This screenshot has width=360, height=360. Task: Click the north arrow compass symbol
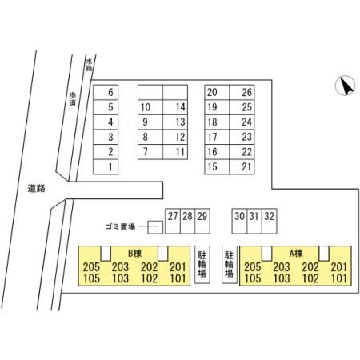[x=345, y=86]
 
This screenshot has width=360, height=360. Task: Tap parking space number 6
[x=106, y=92]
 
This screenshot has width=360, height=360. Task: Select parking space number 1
[x=106, y=167]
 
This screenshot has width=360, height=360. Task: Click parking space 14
[x=175, y=107]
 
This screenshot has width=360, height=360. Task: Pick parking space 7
[x=150, y=152]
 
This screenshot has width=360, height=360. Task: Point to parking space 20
[x=217, y=92]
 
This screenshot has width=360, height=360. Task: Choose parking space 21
[x=242, y=167]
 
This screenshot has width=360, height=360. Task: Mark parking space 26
[x=242, y=92]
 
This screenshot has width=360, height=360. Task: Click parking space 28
[x=188, y=221]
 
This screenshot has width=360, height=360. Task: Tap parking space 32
[x=270, y=221]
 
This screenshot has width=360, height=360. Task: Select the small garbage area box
[x=155, y=227]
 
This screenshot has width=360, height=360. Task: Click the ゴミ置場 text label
[x=120, y=227]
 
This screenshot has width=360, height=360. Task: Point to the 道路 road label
[x=36, y=189]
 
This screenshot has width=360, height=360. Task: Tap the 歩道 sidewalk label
[x=73, y=99]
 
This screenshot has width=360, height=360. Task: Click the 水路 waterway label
[x=89, y=65]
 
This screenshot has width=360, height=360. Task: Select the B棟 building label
[x=134, y=253]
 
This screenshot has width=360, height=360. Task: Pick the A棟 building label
[x=296, y=253]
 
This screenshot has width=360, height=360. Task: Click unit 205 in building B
[x=91, y=266]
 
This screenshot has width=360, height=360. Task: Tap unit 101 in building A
[x=339, y=278]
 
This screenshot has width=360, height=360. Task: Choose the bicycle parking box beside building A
[x=230, y=264]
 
